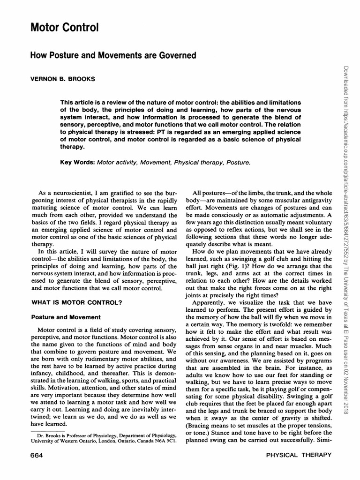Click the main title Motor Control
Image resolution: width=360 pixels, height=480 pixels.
tap(64, 28)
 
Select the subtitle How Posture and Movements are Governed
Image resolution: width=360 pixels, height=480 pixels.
tap(112, 55)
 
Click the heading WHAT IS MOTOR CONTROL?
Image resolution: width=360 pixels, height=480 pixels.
tap(76, 303)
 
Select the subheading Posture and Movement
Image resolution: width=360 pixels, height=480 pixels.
tap(66, 317)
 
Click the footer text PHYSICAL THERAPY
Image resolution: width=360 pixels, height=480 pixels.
tap(299, 455)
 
